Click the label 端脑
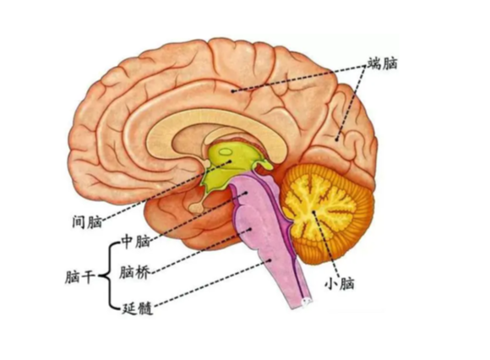click(383, 63)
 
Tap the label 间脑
click(87, 221)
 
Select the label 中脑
click(136, 241)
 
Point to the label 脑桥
click(134, 272)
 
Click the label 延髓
click(137, 308)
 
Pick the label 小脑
click(340, 284)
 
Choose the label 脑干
click(80, 277)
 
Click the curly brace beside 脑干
click(109, 275)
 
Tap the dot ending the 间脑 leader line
click(231, 161)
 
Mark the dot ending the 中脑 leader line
click(246, 193)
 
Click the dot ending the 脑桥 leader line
click(250, 229)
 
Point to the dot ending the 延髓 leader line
click(270, 259)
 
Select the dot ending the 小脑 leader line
click(313, 212)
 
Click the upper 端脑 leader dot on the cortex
click(232, 91)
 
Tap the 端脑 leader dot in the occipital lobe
click(337, 139)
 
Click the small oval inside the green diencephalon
click(226, 152)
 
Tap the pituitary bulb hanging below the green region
click(196, 207)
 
